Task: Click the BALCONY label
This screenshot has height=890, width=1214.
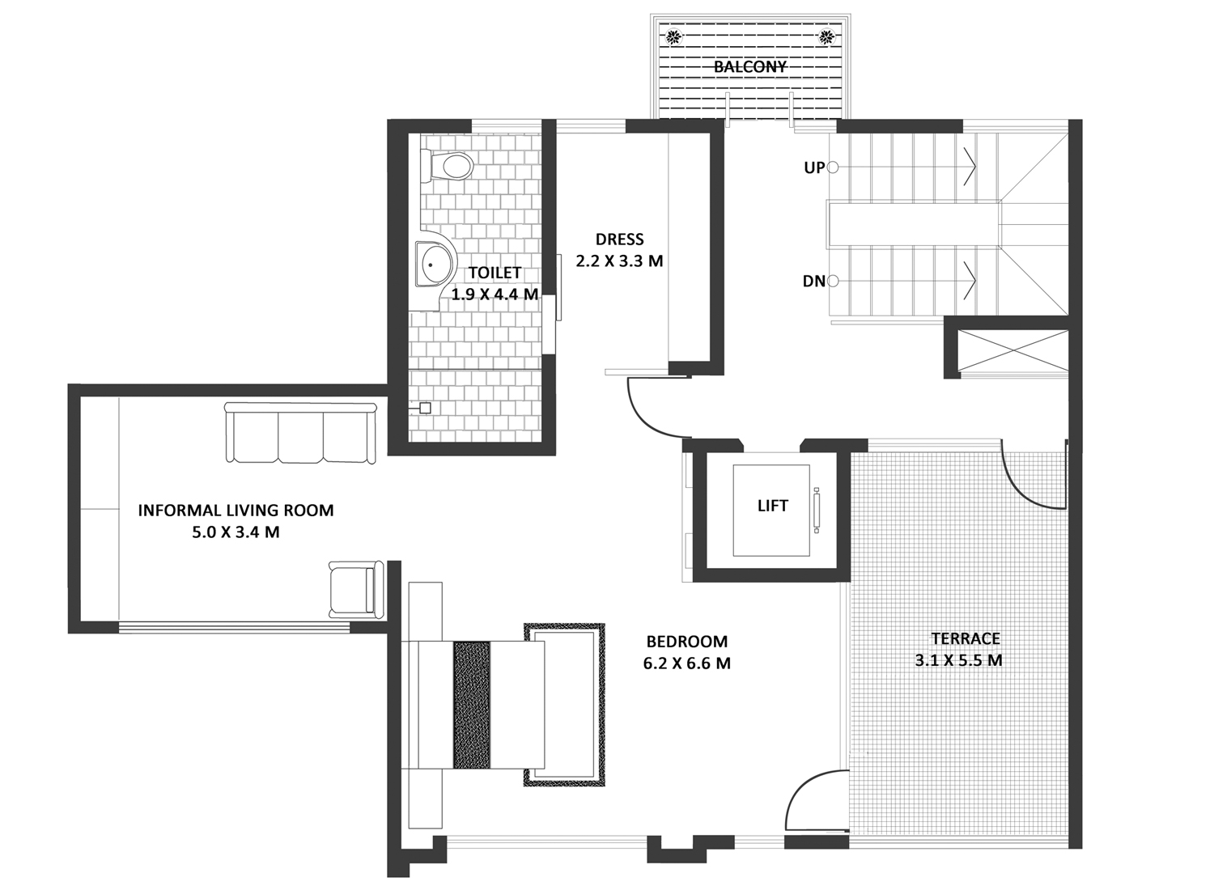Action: point(749,67)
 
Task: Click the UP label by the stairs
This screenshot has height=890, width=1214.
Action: point(814,168)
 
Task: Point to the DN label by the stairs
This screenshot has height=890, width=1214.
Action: point(813,281)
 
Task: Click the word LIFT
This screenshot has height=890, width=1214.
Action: point(772,506)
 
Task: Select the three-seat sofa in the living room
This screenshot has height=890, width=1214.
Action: point(301,433)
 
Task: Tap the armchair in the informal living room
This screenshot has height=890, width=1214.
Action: point(356,590)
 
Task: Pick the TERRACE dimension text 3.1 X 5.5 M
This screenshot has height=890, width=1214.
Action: point(958,661)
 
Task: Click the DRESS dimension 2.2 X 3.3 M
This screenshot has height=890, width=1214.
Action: point(619,261)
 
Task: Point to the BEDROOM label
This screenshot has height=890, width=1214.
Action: point(686,642)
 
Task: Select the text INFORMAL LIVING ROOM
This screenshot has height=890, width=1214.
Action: point(236,511)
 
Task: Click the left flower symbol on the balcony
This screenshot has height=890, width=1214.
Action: point(673,37)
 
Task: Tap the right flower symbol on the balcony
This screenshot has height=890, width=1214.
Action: point(826,37)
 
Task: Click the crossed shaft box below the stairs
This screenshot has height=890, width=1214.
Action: point(1013,350)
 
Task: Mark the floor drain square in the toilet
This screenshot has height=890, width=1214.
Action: point(425,408)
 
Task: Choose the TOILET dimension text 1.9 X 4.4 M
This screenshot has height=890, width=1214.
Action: point(495,295)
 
